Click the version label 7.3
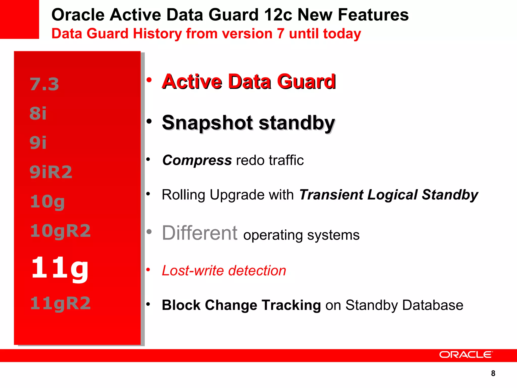44,84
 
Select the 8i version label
38,113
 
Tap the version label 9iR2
51,172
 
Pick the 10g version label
47,202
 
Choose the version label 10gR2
60,231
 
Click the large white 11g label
60,268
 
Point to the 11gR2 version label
60,303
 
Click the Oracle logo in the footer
466,355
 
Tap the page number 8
493,373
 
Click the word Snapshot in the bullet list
207,123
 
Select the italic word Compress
197,160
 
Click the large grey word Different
199,233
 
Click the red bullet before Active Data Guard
149,80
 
